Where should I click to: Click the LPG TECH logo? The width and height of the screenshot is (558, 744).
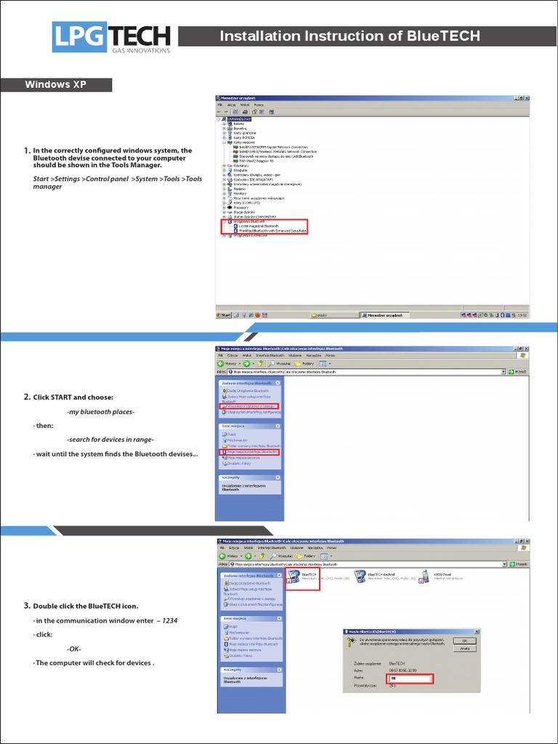click(111, 37)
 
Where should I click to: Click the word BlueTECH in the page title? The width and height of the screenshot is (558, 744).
click(444, 36)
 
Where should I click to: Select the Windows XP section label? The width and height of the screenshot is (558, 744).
click(56, 84)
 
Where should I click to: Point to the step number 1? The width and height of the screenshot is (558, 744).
click(26, 151)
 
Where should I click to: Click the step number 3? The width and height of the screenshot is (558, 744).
click(26, 605)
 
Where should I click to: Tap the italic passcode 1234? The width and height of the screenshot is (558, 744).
click(169, 620)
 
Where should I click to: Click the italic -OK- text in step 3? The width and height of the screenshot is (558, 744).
click(73, 649)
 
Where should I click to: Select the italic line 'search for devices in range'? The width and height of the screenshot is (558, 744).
click(110, 440)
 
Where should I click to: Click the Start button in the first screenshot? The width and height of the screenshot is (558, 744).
click(225, 315)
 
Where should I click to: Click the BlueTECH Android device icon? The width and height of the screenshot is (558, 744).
click(361, 576)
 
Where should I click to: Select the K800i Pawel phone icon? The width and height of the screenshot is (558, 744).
click(425, 576)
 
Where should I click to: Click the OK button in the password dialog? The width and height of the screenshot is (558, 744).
click(464, 641)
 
